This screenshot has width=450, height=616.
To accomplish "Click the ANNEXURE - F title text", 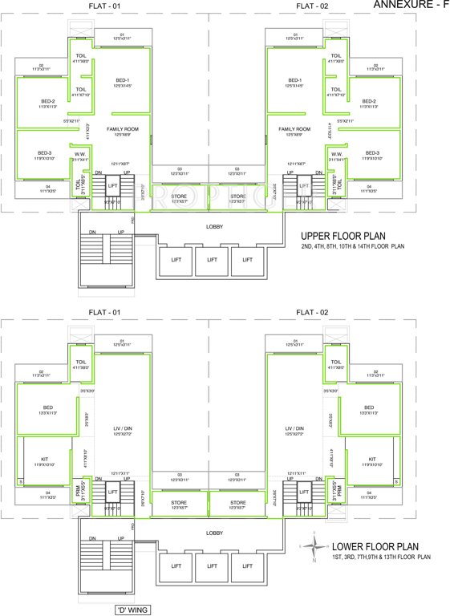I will pos(411,5).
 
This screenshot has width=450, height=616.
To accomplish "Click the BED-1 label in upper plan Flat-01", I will pos(123,80).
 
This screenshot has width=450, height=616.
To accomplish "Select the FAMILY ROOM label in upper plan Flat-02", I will pos(294,128).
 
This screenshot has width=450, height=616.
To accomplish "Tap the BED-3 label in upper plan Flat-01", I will pos(44,152).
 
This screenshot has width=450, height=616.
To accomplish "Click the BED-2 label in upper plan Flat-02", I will pos(369,102).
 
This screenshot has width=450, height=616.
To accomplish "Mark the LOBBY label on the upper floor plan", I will pos(214,226).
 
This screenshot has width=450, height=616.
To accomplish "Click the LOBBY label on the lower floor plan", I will pos(214,533).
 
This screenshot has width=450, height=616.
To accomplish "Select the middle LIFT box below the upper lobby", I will pos(212,259).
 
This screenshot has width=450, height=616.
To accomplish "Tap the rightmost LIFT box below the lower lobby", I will pos(247,565).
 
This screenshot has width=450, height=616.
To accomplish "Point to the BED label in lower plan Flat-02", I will pos(369,407).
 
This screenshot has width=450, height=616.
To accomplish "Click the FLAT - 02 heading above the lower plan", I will pos(312,311).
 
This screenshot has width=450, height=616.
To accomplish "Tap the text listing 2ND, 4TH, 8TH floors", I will pos(352,246).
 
